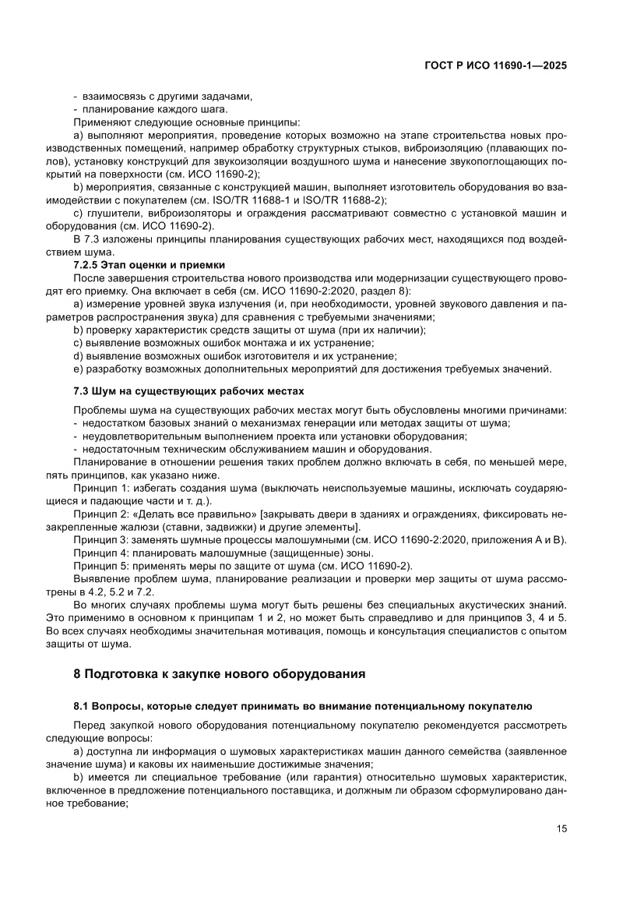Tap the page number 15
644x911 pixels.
point(561,828)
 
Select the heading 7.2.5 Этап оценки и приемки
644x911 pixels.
point(149,265)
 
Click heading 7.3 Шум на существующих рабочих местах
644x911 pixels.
point(188,390)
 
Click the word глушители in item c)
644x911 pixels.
point(113,214)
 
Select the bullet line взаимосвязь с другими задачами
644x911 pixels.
point(167,97)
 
